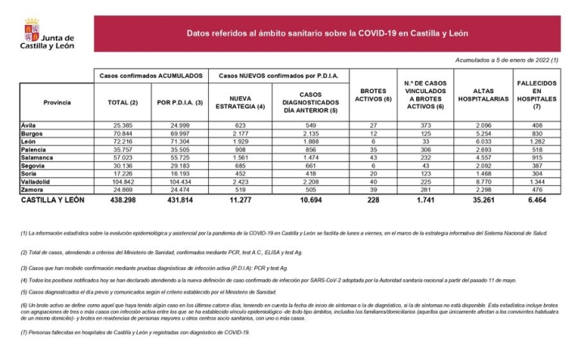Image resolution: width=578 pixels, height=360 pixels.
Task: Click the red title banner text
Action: click(327, 34)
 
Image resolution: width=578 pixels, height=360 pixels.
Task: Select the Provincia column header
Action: click(56, 100)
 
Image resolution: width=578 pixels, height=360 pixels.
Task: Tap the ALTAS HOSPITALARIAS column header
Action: click(482, 98)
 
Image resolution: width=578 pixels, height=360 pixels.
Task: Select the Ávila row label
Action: click(30, 125)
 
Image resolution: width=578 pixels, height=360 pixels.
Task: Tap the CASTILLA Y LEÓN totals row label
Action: click(51, 199)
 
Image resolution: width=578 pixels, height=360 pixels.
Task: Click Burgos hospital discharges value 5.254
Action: click(481, 133)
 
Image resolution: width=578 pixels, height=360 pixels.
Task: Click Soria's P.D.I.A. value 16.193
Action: click(176, 174)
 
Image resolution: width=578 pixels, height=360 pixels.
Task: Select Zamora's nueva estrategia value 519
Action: click(241, 190)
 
